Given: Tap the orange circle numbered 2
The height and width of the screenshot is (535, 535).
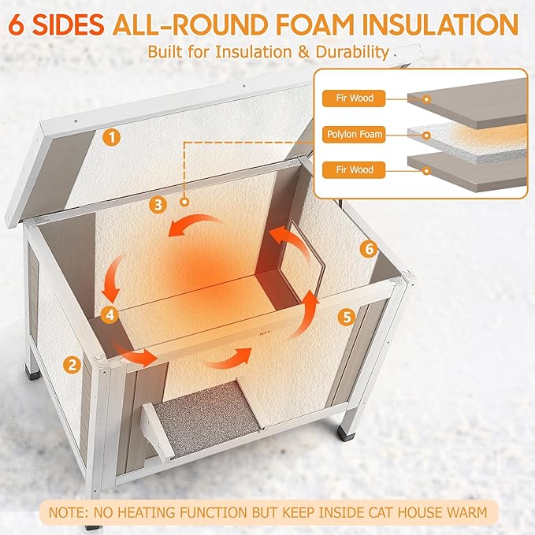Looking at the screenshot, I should pyautogui.click(x=72, y=364).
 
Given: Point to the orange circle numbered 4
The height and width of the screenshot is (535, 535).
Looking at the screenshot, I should pyautogui.click(x=110, y=314).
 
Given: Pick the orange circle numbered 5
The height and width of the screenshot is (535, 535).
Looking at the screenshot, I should pyautogui.click(x=346, y=317).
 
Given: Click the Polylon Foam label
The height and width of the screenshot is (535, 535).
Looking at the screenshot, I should pyautogui.click(x=355, y=135).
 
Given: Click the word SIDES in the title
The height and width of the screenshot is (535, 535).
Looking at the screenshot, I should pyautogui.click(x=68, y=25).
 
